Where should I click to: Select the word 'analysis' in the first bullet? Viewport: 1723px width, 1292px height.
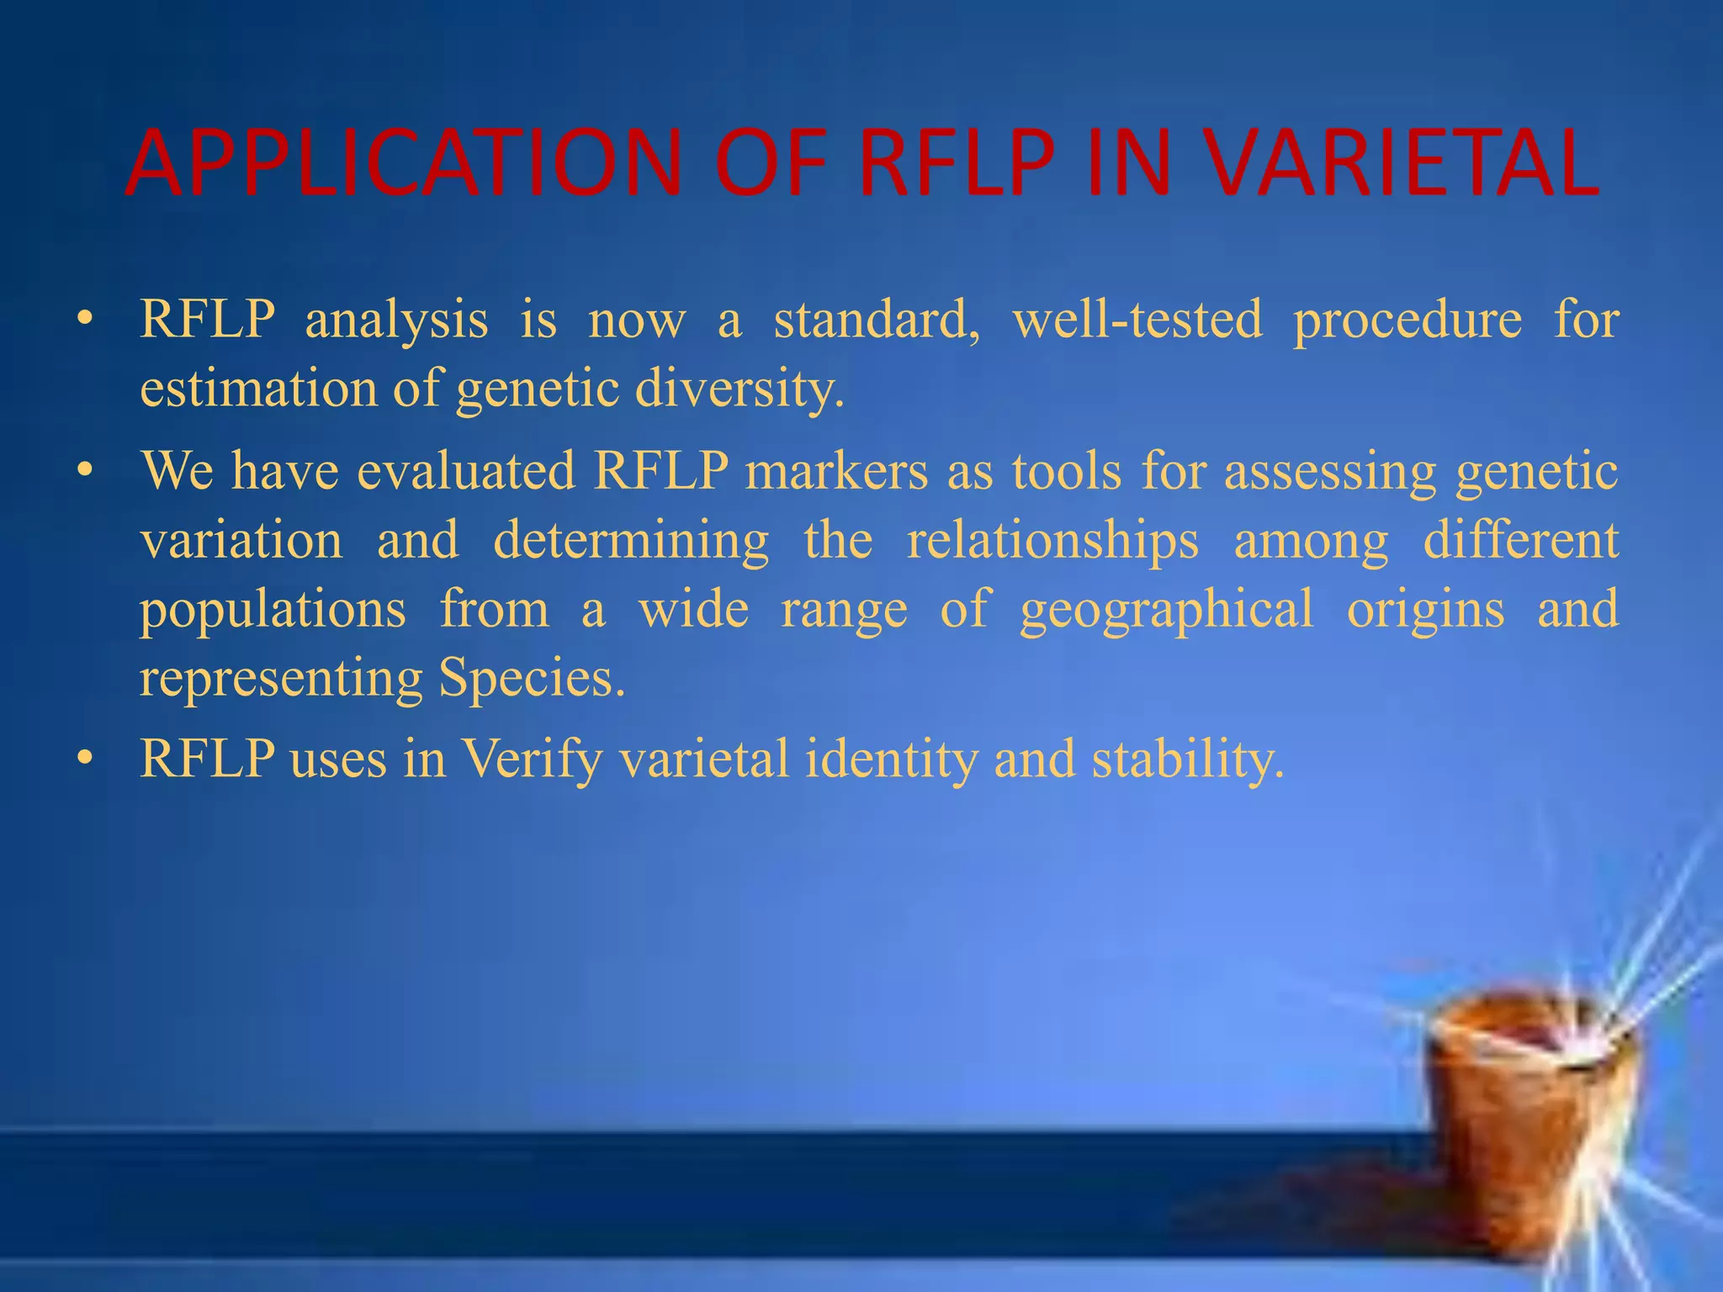(x=396, y=320)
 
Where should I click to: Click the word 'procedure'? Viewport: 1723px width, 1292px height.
(x=1408, y=321)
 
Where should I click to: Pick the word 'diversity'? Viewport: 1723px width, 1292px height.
(x=738, y=389)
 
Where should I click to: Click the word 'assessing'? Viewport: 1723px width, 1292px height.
(x=1330, y=471)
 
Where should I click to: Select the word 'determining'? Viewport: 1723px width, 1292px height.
(x=631, y=541)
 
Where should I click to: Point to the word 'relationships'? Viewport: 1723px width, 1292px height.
(x=1052, y=541)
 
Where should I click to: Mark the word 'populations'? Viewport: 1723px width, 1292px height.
(x=273, y=610)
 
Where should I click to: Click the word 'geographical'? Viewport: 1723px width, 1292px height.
(x=1166, y=610)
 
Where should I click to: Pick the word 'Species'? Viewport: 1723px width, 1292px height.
(x=531, y=678)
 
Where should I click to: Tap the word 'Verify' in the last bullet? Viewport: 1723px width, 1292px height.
(x=533, y=760)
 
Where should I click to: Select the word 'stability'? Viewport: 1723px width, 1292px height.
(x=1187, y=758)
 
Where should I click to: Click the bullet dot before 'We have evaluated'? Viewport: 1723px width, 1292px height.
(x=83, y=472)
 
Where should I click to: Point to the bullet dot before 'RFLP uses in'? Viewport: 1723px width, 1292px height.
(x=83, y=759)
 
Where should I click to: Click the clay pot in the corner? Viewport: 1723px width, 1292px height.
(x=1531, y=1119)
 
